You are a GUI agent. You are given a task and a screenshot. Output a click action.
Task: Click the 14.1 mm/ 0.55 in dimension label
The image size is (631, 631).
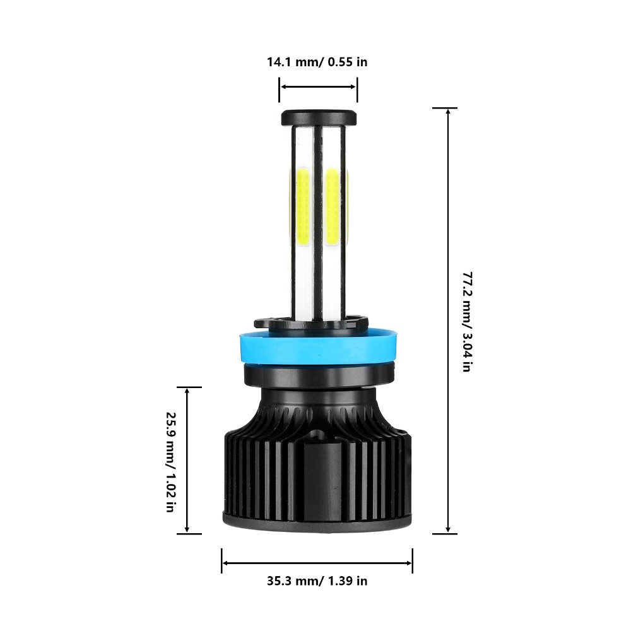(x=317, y=62)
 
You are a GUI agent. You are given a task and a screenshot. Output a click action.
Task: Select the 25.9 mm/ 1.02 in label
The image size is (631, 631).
(x=170, y=462)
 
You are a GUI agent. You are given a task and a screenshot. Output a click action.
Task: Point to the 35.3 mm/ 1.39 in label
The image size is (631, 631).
(x=317, y=581)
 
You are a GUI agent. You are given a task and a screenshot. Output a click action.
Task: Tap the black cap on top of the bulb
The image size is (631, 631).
(x=319, y=117)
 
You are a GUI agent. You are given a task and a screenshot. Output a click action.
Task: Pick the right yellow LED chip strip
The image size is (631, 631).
(x=334, y=208)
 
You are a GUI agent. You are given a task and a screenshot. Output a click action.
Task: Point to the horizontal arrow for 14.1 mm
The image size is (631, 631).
(x=319, y=87)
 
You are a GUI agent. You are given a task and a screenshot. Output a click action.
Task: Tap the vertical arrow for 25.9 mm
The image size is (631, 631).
(x=187, y=461)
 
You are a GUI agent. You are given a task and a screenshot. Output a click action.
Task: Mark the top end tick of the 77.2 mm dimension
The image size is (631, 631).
(x=445, y=108)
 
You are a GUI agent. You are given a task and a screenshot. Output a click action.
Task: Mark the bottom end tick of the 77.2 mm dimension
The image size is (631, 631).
(x=445, y=534)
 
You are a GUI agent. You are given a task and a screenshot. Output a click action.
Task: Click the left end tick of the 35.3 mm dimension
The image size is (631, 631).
(x=222, y=561)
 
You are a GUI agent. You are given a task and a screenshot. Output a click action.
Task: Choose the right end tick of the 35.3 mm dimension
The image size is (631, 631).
(x=413, y=561)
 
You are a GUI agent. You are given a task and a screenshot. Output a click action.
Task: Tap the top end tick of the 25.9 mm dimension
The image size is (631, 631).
(x=189, y=387)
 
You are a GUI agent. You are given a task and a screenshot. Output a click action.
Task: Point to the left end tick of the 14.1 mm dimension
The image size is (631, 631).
(x=280, y=90)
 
